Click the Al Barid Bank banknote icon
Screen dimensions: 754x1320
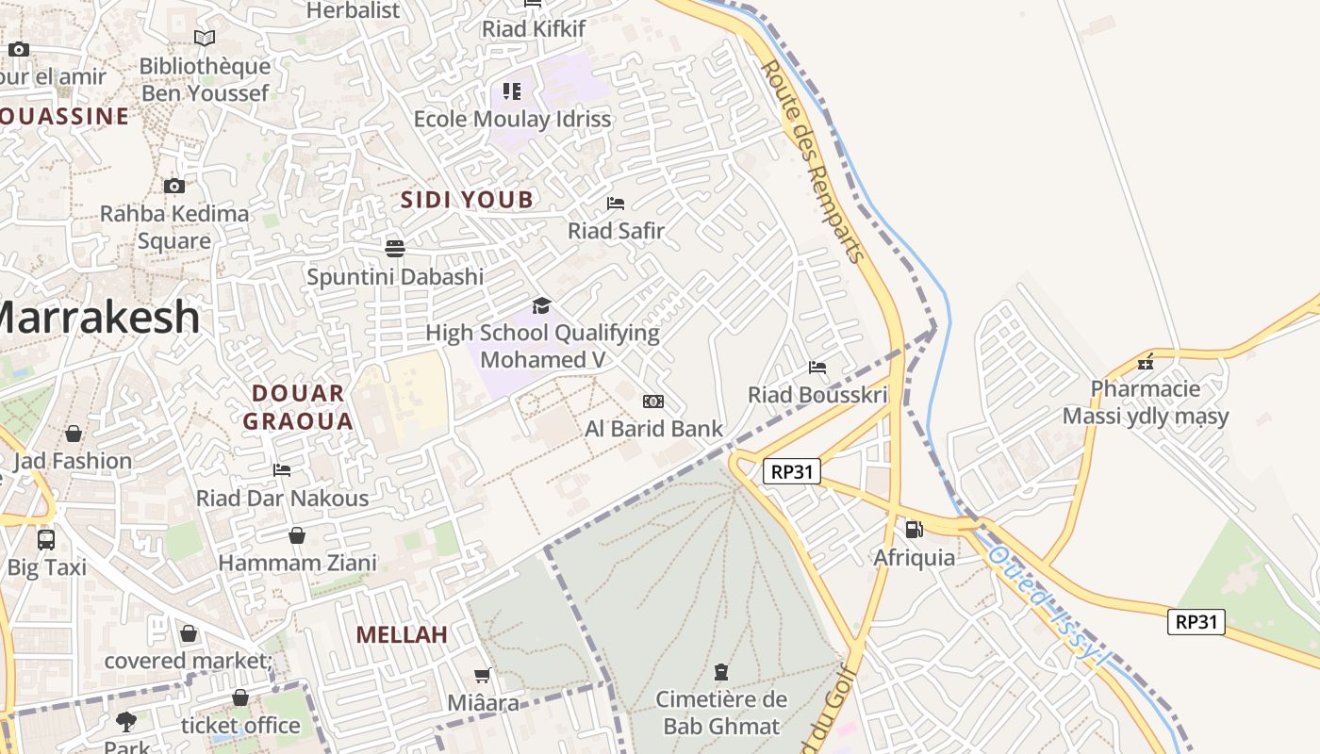[652, 402]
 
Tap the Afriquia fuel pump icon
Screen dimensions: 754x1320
[914, 530]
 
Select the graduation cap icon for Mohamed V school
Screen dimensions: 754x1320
[541, 305]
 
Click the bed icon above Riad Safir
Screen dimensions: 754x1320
[616, 203]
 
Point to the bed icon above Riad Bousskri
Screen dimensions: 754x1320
[817, 367]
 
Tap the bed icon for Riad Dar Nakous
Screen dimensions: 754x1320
[282, 469]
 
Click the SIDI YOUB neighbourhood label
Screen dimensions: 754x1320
[467, 200]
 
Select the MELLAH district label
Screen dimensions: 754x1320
[402, 634]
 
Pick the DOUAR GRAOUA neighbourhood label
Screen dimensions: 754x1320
[298, 407]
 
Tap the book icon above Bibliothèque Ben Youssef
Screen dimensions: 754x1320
[205, 38]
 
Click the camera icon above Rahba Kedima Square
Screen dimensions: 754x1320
[174, 186]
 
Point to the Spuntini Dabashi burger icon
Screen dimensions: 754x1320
[395, 248]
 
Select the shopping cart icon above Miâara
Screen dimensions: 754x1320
[483, 675]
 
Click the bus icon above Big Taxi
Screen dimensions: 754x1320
[46, 539]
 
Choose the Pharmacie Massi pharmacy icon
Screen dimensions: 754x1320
[1146, 362]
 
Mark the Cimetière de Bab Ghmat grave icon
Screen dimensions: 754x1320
[721, 671]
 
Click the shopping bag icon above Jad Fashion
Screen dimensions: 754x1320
[74, 434]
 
